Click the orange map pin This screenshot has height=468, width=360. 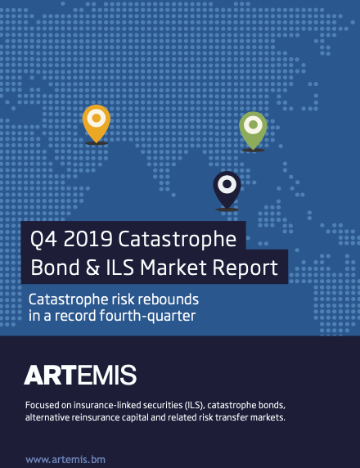pos(96,124)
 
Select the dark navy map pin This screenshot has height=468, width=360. pos(227,188)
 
